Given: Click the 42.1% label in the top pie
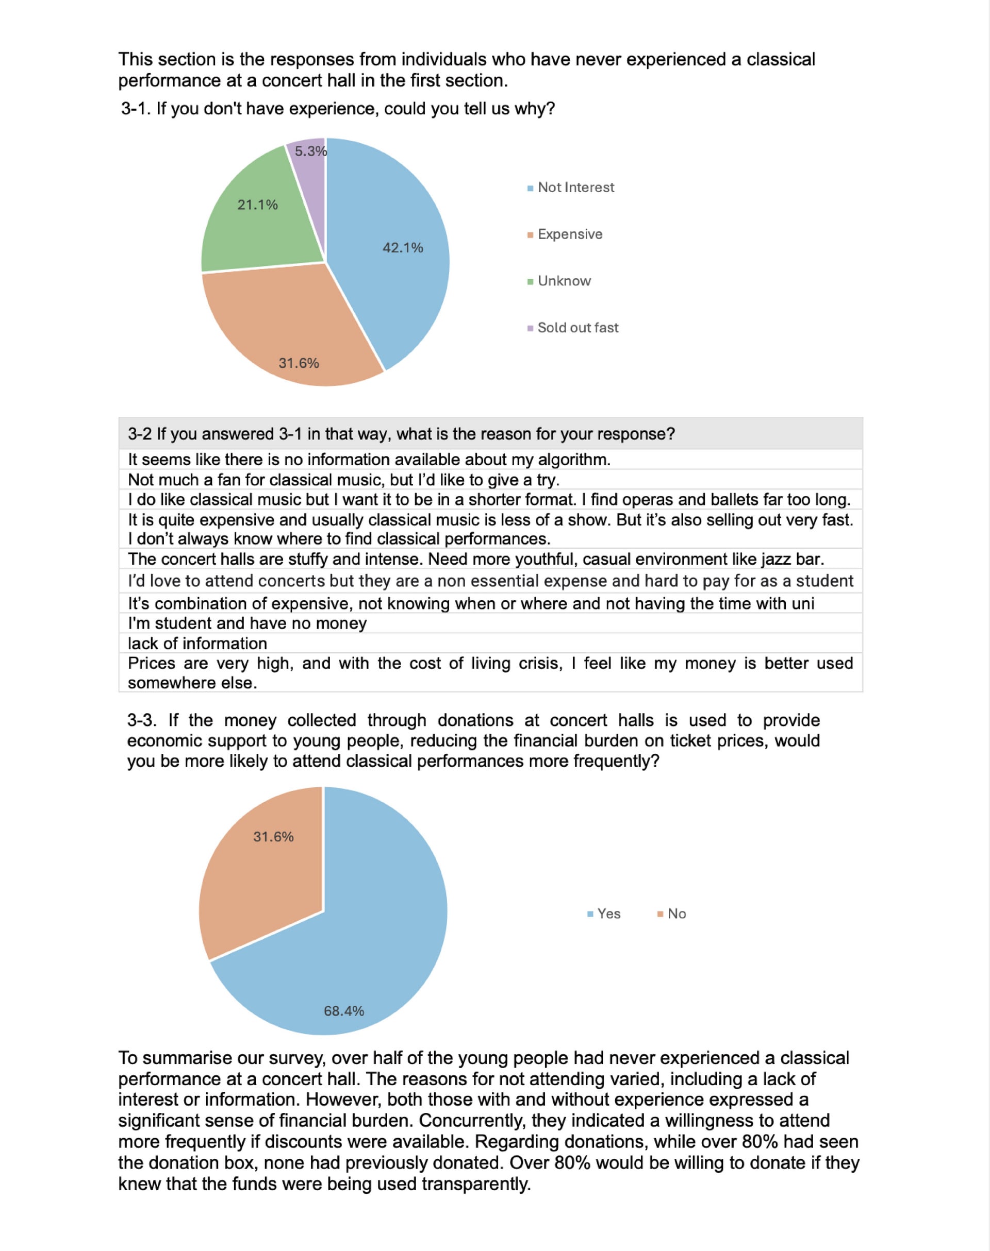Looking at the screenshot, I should tap(402, 248).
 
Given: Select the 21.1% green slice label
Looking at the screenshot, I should tap(257, 205).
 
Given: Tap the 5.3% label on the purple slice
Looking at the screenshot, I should tap(311, 151).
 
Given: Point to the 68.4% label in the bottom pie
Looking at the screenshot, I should tap(344, 1011).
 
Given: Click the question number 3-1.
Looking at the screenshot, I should tap(136, 109).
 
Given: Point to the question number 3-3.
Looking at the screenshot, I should tap(141, 720).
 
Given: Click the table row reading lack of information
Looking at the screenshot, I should tap(197, 643).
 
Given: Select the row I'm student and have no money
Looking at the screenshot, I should tap(247, 623).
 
